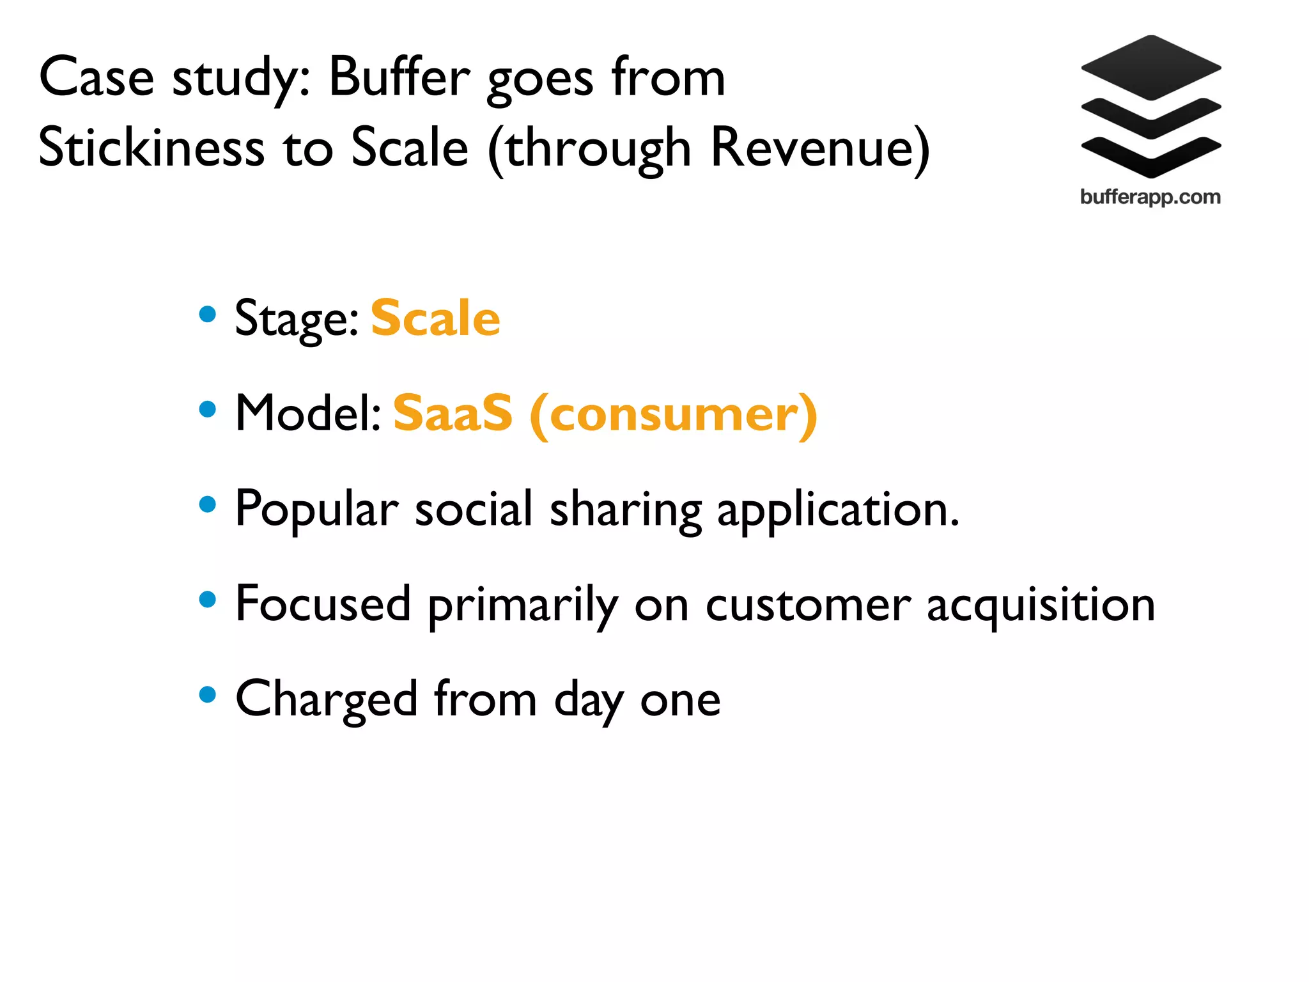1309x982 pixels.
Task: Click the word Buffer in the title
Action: pos(399,78)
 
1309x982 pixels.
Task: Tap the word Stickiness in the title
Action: pos(151,148)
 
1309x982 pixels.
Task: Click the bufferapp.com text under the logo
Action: pos(1150,197)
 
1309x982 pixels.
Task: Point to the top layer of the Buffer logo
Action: pos(1151,67)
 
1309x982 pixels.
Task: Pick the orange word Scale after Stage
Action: pos(435,318)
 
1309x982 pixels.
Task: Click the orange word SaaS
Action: pos(453,414)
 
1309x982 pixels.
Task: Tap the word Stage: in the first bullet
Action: pos(297,319)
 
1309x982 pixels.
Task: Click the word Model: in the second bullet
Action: pos(308,414)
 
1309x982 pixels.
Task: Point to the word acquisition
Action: pos(1041,605)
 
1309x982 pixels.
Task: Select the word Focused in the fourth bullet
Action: pos(323,604)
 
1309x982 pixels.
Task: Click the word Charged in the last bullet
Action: pos(327,699)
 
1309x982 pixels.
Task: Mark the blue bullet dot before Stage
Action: pos(208,314)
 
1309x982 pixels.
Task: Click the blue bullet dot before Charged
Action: pos(208,694)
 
